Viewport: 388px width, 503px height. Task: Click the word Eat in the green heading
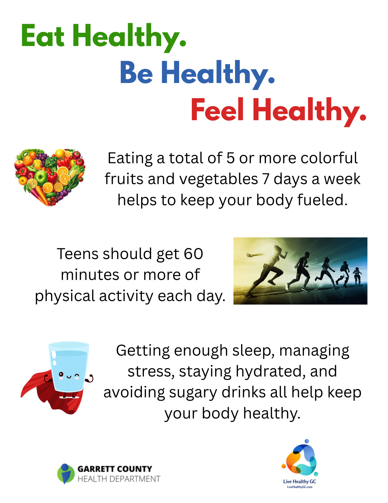43,36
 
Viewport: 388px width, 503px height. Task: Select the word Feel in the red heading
217,110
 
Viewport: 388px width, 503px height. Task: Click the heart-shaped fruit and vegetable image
50,177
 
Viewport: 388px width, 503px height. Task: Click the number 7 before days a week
266,179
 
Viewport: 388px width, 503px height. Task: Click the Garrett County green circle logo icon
66,474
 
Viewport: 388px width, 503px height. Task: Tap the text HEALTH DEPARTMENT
119,479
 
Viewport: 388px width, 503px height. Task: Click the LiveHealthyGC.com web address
300,487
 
